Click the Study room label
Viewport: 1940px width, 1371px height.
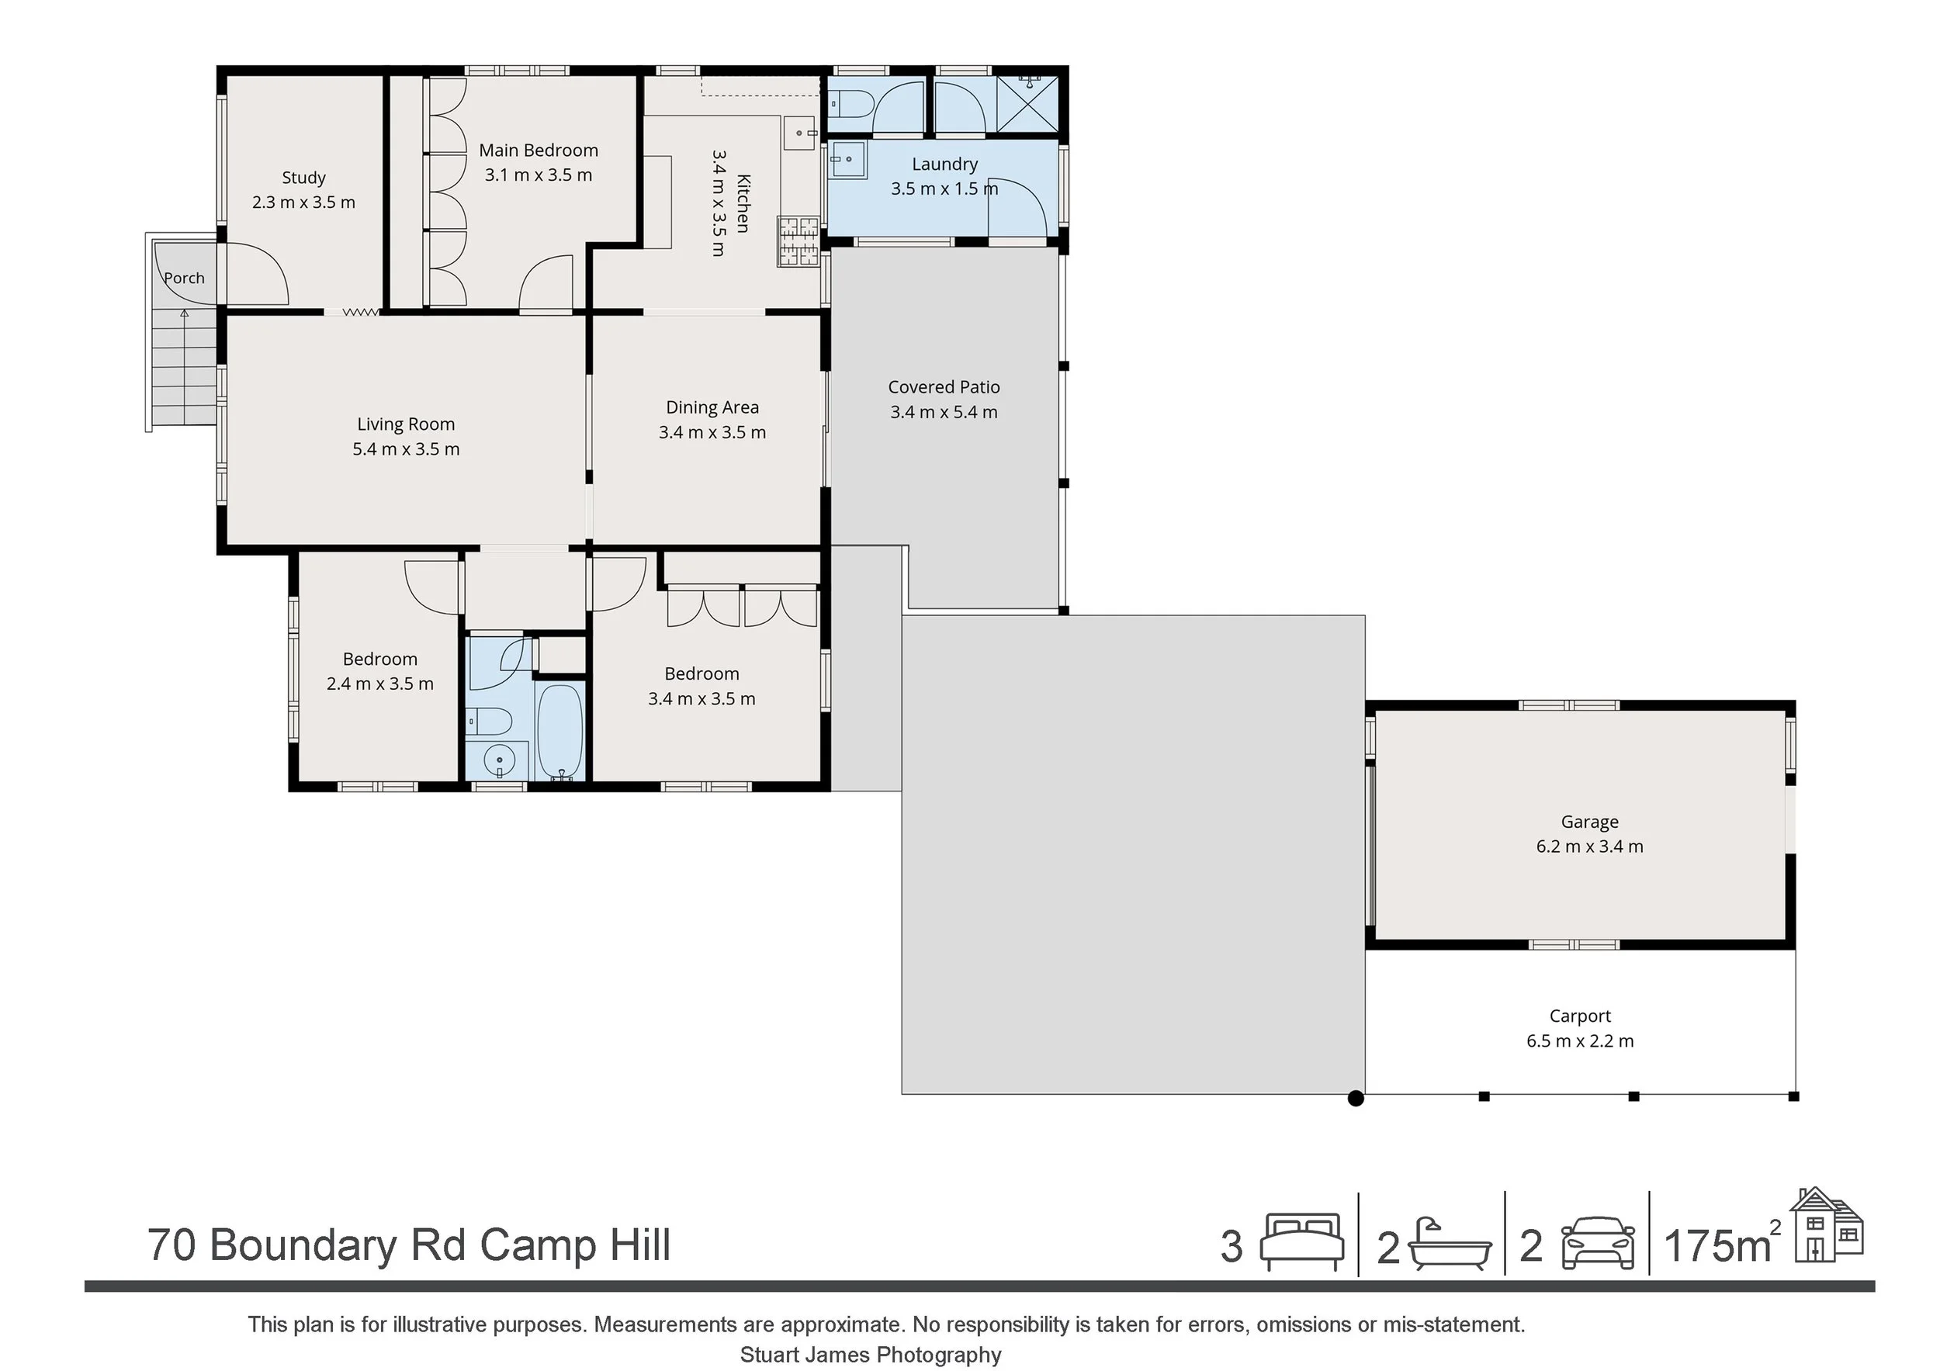tap(303, 178)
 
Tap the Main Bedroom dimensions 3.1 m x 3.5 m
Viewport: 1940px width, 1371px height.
tap(539, 175)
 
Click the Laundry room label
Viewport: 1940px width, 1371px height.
tap(944, 164)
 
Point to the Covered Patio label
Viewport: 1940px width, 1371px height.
tap(944, 387)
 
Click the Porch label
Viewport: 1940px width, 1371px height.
tap(184, 278)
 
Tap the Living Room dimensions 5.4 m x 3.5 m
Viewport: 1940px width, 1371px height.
tap(406, 448)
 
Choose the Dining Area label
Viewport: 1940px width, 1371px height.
tap(712, 408)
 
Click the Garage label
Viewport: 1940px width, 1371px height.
tap(1589, 822)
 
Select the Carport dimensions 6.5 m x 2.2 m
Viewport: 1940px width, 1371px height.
tap(1580, 1040)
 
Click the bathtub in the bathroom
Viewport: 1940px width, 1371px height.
tap(560, 732)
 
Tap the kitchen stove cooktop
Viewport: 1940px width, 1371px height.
tap(799, 242)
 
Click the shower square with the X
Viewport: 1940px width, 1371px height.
tap(1027, 104)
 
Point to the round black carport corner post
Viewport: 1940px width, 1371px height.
tap(1356, 1098)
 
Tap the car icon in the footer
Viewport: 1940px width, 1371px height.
tap(1598, 1244)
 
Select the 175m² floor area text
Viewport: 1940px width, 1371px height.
tap(1722, 1245)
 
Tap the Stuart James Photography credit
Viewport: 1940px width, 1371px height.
tap(871, 1355)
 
